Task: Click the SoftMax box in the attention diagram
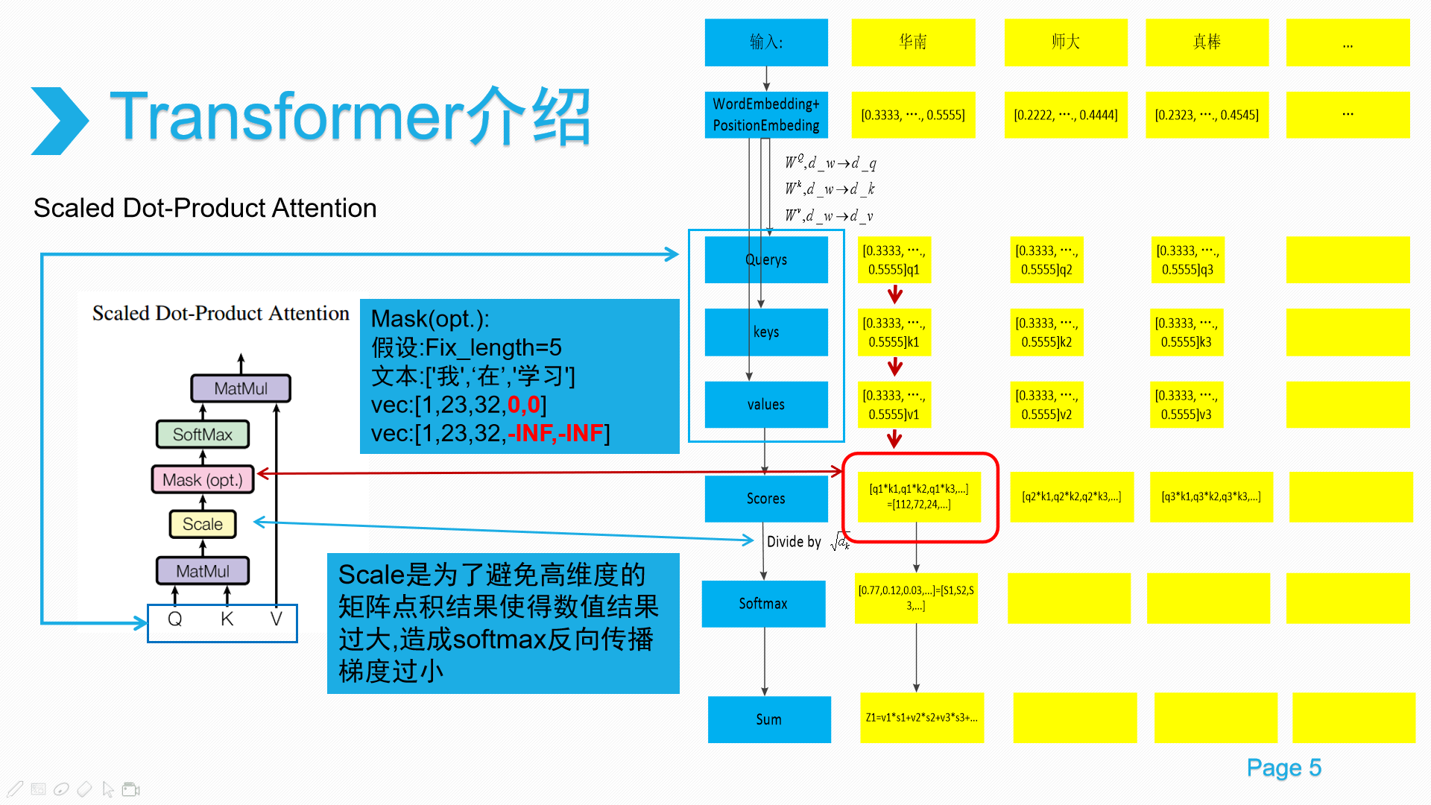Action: coord(203,435)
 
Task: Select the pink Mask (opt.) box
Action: coord(203,480)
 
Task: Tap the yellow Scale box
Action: coord(203,525)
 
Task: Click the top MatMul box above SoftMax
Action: coord(241,388)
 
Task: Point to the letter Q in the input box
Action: coord(175,619)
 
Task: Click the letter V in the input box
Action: coord(277,619)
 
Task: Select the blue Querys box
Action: coord(766,259)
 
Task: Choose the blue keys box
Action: coord(766,332)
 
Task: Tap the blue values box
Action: coord(766,405)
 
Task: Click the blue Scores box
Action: coord(766,499)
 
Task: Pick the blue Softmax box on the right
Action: coord(763,604)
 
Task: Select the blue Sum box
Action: coord(769,719)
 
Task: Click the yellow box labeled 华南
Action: coord(913,42)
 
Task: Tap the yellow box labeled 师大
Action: coord(1066,42)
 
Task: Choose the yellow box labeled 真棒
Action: coord(1207,42)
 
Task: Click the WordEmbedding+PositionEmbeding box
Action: coord(766,115)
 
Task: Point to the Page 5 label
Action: coord(1283,768)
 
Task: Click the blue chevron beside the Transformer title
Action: coord(60,121)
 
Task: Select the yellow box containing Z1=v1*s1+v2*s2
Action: coord(922,718)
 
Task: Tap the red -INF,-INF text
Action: coord(555,433)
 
